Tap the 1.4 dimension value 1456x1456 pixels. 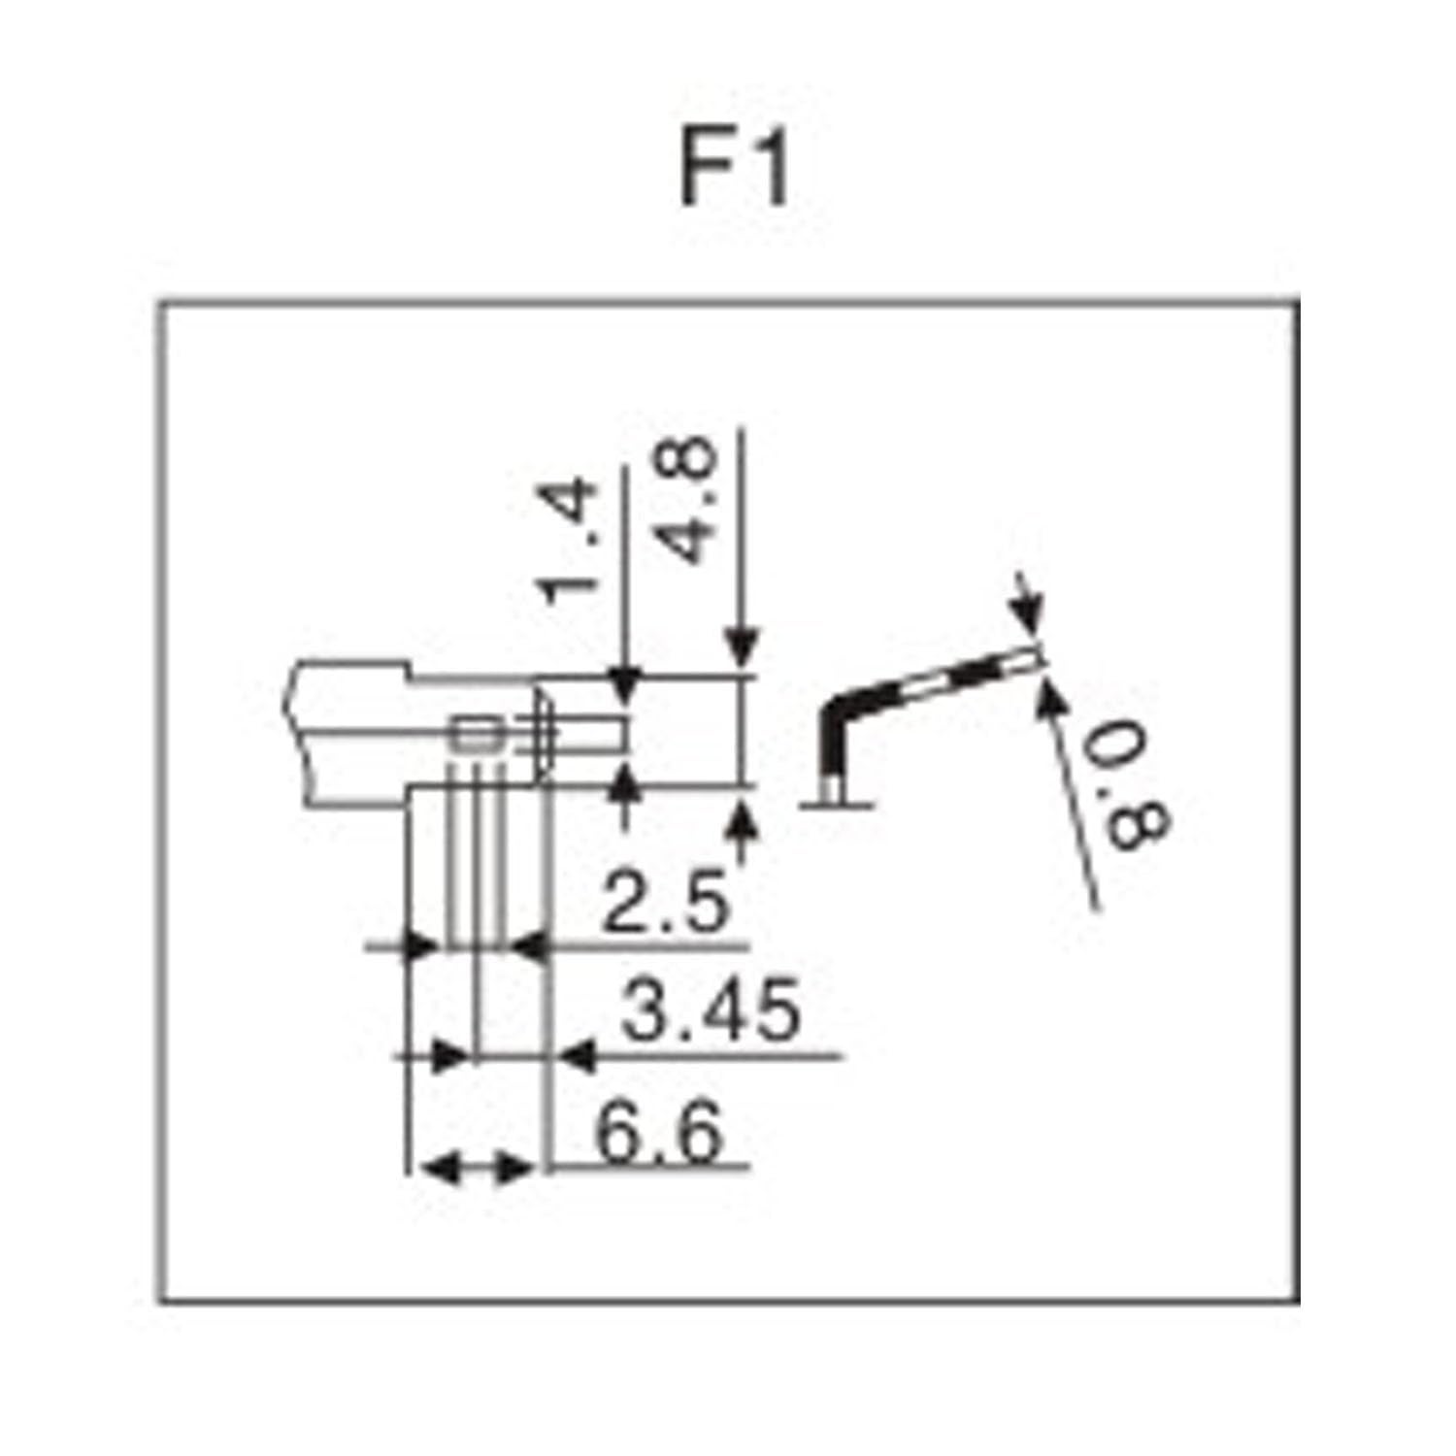pyautogui.click(x=567, y=539)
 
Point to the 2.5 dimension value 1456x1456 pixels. pyautogui.click(x=664, y=902)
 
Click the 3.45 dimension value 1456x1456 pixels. pyautogui.click(x=711, y=1010)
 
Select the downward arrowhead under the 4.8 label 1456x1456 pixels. pyautogui.click(x=743, y=652)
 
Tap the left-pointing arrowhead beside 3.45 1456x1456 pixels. pyautogui.click(x=576, y=1056)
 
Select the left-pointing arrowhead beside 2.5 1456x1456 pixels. pyautogui.click(x=529, y=944)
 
